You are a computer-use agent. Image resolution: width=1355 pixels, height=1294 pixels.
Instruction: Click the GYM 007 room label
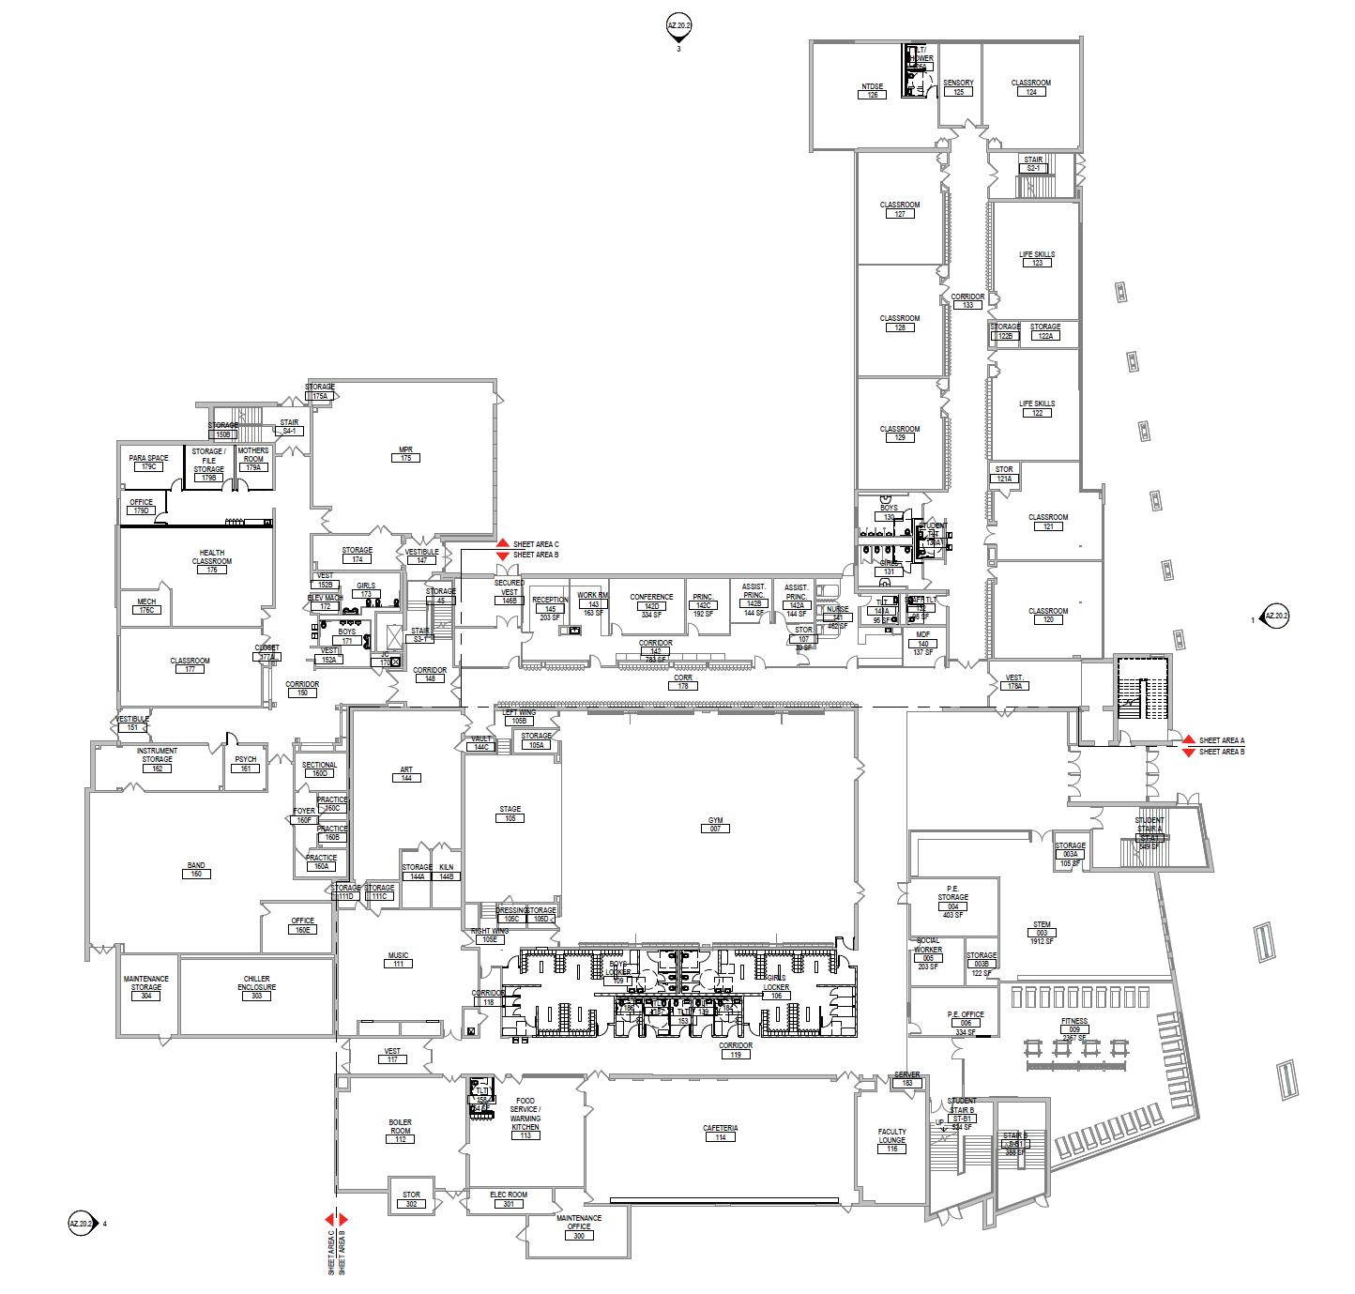(715, 825)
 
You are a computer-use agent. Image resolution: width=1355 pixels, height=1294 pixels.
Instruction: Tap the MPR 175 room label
(406, 453)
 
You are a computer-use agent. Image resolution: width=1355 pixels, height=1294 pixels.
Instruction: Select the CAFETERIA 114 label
(720, 1133)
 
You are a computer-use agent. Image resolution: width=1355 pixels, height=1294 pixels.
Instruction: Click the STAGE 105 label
(510, 814)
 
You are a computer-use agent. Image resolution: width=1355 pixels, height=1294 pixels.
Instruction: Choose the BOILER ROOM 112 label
(400, 1126)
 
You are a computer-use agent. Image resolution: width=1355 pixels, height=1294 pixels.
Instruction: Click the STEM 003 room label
(1042, 930)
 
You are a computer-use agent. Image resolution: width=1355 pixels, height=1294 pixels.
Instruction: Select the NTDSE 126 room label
(873, 91)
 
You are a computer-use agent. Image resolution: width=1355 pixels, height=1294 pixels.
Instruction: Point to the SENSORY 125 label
(958, 87)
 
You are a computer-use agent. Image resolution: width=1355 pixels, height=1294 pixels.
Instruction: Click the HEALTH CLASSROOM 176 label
(212, 561)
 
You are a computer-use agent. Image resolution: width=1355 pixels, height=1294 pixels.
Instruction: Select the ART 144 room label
(406, 774)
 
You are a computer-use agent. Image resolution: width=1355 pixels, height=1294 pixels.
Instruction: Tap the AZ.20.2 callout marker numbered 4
(82, 1224)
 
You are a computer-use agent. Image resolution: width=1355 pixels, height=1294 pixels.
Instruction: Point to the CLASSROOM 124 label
(1030, 87)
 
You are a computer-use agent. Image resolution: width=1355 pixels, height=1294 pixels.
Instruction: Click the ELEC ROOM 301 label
(509, 1199)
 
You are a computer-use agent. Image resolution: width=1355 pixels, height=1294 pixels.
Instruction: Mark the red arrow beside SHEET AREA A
(1187, 739)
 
